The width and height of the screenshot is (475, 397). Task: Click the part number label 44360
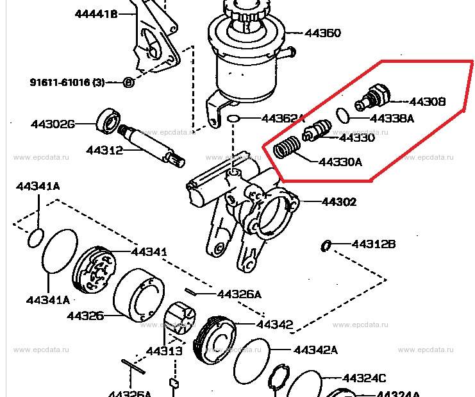point(323,33)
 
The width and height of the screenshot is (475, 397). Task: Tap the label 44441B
point(96,13)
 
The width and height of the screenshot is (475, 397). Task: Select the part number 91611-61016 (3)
point(67,82)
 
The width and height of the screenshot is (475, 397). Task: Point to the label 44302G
point(53,123)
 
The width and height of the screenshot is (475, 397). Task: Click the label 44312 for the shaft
point(104,151)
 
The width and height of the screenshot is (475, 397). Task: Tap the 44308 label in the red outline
point(427,101)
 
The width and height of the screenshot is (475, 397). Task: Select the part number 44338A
point(392,118)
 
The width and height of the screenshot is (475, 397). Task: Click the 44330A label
point(340,162)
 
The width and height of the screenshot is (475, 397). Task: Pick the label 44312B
point(374,244)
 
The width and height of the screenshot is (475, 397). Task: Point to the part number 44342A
point(315,350)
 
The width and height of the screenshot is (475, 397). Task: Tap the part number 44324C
point(364,378)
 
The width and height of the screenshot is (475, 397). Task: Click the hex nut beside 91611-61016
point(128,82)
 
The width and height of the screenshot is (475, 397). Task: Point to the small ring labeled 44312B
point(326,244)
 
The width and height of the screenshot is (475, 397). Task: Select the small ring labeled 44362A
point(234,119)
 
